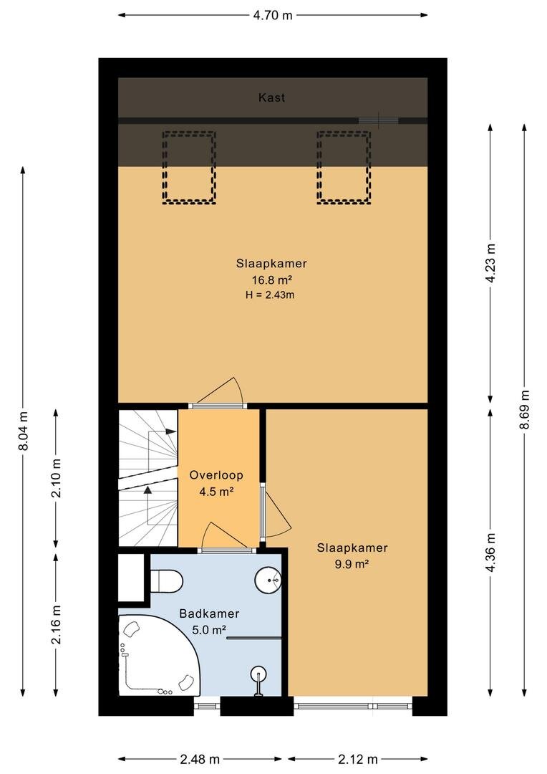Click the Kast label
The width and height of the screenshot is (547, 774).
click(x=271, y=97)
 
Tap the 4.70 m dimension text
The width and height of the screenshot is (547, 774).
click(x=273, y=15)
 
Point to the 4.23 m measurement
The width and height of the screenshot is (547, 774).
click(x=490, y=262)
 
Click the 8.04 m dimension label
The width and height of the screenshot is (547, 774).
click(x=23, y=431)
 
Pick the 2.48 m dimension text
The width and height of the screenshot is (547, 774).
click(x=200, y=759)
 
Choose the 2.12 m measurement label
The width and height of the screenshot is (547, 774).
click(x=358, y=759)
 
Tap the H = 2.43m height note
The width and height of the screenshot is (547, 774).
click(x=270, y=296)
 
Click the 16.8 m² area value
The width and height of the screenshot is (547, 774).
click(x=272, y=280)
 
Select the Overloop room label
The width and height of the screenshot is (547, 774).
click(x=216, y=475)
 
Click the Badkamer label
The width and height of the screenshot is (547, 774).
click(x=209, y=613)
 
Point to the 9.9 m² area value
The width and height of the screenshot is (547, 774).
click(x=352, y=564)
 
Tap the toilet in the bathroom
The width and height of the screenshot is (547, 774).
click(x=167, y=580)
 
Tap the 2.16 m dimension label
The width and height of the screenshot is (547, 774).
click(x=57, y=624)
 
